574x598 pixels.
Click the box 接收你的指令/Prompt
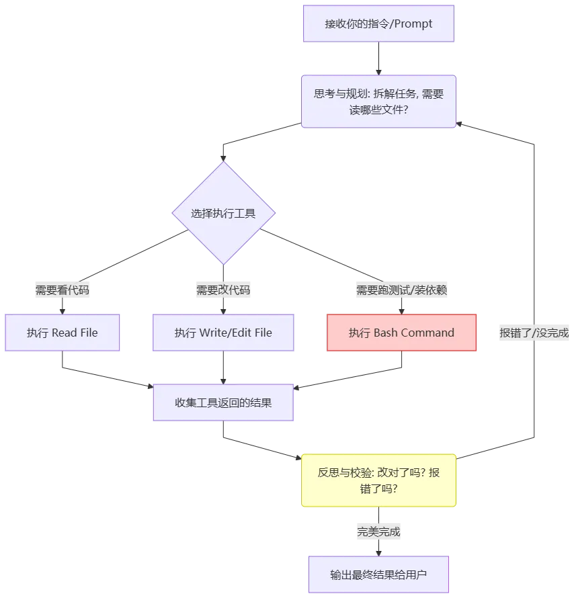[x=378, y=24]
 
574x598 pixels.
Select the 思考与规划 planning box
[x=378, y=101]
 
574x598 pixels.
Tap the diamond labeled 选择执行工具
[x=224, y=213]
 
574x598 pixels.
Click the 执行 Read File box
[x=62, y=333]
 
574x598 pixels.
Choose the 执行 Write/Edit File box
[x=223, y=333]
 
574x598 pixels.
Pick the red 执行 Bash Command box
[x=402, y=333]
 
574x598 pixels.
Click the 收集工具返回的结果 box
[x=223, y=402]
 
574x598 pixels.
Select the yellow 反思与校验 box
[x=378, y=480]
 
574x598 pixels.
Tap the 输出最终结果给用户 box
[x=378, y=574]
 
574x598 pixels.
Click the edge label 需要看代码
[x=62, y=290]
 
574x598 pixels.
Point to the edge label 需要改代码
[x=223, y=290]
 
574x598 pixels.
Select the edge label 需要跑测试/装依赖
[x=402, y=290]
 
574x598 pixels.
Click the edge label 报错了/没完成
[x=534, y=333]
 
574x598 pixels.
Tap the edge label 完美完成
[x=378, y=531]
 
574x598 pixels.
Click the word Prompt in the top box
[x=413, y=24]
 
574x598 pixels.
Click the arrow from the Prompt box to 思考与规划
[x=378, y=58]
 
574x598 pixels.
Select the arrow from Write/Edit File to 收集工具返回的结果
[x=223, y=368]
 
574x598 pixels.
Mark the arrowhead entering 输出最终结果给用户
[x=378, y=554]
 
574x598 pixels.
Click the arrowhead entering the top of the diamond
[x=224, y=159]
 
